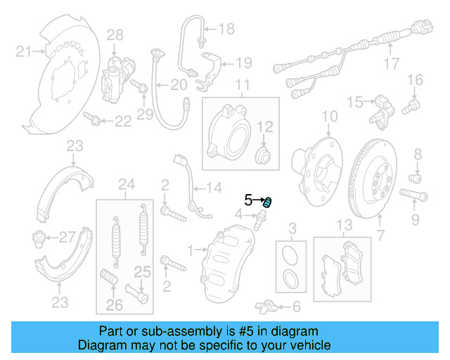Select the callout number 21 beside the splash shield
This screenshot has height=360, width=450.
[23, 51]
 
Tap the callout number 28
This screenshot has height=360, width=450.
[115, 34]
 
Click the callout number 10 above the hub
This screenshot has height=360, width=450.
[330, 116]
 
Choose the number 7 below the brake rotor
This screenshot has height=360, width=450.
[380, 236]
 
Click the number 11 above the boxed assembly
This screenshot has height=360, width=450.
[242, 87]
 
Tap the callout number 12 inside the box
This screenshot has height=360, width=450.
[267, 127]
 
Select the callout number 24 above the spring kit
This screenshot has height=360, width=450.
[126, 186]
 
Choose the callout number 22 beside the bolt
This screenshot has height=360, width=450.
[122, 122]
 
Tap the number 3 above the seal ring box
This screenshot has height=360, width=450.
[293, 227]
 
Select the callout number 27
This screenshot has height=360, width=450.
[66, 236]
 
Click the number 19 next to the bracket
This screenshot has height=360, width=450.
[243, 63]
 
